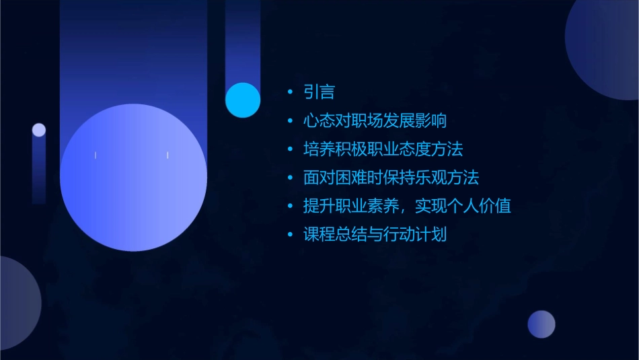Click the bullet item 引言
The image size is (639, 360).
[319, 92]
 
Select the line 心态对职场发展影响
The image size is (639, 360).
[375, 121]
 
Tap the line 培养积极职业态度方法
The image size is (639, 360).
[383, 149]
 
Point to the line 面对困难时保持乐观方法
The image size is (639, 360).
[391, 178]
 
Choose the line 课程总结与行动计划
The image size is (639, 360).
[375, 235]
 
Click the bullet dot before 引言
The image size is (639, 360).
[290, 92]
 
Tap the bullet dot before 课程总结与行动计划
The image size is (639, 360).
[290, 235]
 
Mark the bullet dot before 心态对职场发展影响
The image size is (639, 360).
[290, 121]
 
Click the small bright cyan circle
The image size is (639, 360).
[243, 100]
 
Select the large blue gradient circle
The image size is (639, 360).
[133, 178]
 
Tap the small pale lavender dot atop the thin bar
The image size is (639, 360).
[39, 130]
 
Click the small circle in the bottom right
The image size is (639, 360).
[541, 324]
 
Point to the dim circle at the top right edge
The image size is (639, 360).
[605, 47]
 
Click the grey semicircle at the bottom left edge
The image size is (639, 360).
[17, 303]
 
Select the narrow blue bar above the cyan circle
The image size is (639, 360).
[242, 40]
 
